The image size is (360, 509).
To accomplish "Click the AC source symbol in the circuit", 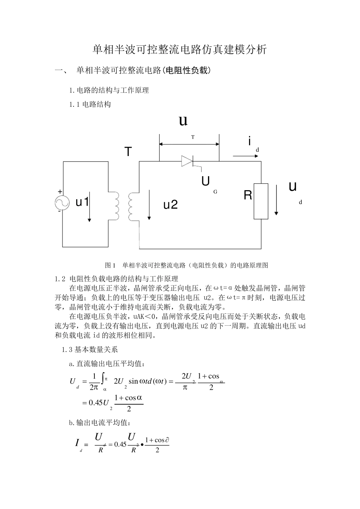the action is point(62,203).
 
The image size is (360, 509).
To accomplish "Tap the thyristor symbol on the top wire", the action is point(188,161).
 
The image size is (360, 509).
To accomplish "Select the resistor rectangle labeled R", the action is point(261,201).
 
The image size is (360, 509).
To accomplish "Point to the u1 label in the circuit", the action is point(82,202).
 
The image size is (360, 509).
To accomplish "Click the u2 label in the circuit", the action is point(171,205).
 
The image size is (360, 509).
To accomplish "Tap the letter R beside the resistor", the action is point(248,196).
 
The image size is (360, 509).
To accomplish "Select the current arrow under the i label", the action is point(241,156).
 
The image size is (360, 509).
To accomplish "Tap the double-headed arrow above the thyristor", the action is point(189,144).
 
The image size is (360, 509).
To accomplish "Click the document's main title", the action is point(180,50).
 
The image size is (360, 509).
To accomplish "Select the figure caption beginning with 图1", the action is point(186,265).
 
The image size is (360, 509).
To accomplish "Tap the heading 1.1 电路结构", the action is point(90,105).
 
